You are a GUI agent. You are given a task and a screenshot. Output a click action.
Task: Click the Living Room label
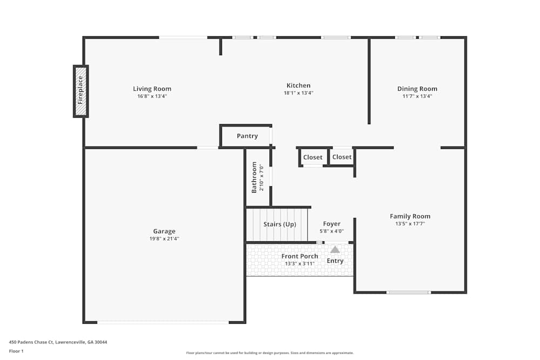pos(152,89)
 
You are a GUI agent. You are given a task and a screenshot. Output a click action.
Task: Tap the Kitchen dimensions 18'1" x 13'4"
pos(299,93)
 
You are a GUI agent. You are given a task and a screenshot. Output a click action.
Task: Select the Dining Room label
pos(417,89)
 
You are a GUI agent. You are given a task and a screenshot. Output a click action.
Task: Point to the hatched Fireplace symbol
pos(80,91)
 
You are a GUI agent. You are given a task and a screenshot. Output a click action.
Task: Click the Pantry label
pos(247,136)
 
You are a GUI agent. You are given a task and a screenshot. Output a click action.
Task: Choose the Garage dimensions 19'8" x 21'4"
pos(164,239)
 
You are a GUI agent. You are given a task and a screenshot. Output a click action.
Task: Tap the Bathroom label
pos(254,177)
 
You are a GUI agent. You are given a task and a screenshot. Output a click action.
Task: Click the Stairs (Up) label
pos(280,225)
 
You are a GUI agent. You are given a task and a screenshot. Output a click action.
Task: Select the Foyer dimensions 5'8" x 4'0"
pos(332,232)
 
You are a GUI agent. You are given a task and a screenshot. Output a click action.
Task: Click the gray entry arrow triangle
pos(335,249)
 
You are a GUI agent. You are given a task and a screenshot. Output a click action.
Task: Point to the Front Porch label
pos(300,256)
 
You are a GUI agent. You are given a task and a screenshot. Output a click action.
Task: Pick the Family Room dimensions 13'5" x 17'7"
pos(410,223)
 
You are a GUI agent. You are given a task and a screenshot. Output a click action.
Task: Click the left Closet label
pos(313,157)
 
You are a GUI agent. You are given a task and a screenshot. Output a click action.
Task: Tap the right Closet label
pos(342,157)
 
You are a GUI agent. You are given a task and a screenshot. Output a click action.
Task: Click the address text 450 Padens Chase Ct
pos(31,342)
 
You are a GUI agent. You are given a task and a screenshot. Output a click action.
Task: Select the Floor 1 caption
pos(16,351)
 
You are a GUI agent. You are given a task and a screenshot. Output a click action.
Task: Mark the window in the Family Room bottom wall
pos(408,293)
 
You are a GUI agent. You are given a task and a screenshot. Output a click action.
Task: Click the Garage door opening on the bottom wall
pos(163,322)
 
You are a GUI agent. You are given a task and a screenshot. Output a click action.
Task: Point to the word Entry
pos(335,261)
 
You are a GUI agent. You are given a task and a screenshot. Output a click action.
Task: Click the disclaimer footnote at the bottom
pos(270,353)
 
